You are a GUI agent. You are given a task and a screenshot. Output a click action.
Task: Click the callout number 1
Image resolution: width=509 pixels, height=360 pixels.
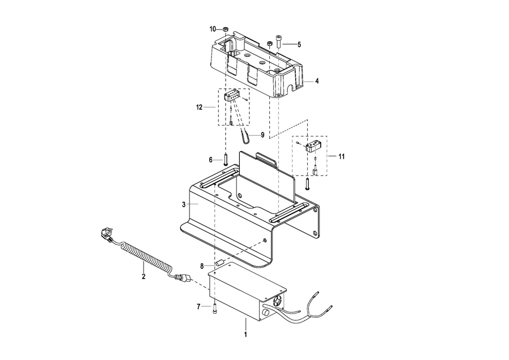point(245,334)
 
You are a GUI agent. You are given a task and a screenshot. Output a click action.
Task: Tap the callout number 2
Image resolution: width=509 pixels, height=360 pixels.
point(144,276)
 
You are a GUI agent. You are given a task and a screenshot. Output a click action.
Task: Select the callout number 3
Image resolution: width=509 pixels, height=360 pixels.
point(184,205)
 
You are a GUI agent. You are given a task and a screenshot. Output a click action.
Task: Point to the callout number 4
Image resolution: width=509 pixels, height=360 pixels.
point(317,81)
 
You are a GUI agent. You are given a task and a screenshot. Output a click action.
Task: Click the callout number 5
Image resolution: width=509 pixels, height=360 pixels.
point(299,45)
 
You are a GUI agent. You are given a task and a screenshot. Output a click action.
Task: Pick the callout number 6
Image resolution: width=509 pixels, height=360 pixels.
point(211,160)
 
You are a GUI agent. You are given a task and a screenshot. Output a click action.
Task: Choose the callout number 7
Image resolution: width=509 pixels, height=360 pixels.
point(199,306)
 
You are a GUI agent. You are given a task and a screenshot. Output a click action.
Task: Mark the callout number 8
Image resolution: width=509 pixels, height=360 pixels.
point(202,267)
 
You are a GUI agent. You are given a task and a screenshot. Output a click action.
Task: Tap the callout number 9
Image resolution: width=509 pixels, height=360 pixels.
point(262,135)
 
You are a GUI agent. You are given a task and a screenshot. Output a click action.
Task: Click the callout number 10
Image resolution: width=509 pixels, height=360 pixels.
point(213,29)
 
